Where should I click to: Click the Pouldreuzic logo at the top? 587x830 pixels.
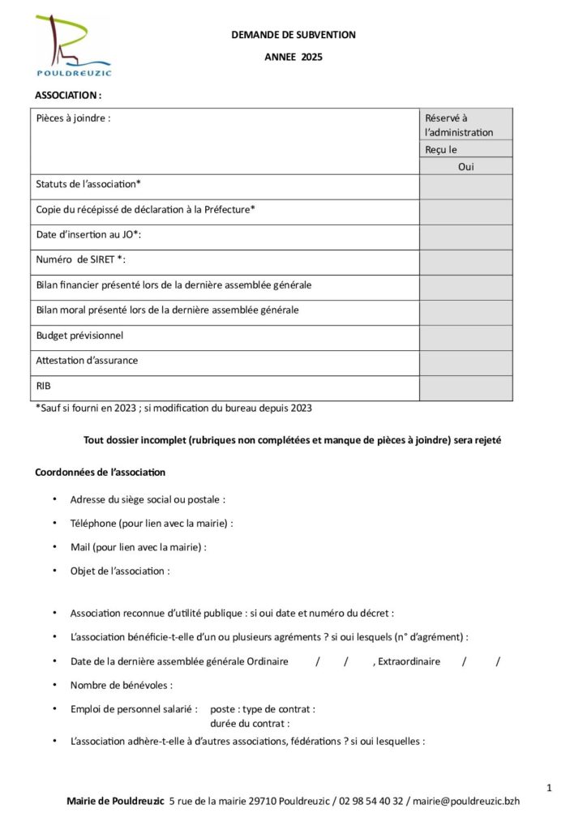pyautogui.click(x=73, y=45)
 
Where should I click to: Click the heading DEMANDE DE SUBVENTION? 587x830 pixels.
pyautogui.click(x=293, y=35)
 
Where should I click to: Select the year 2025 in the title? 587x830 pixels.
pyautogui.click(x=311, y=57)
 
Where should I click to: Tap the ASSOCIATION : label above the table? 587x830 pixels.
pyautogui.click(x=68, y=95)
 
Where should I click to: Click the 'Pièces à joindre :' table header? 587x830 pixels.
pyautogui.click(x=73, y=118)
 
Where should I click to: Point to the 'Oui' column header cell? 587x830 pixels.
pyautogui.click(x=465, y=167)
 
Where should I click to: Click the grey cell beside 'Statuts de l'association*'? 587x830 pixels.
pyautogui.click(x=465, y=186)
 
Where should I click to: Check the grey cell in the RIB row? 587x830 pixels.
pyautogui.click(x=465, y=387)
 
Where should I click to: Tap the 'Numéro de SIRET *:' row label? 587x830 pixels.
pyautogui.click(x=81, y=259)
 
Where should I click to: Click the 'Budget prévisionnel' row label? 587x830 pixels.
pyautogui.click(x=79, y=335)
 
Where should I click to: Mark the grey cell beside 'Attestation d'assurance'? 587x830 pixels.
pyautogui.click(x=465, y=362)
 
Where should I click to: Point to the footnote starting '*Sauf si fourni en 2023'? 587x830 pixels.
pyautogui.click(x=174, y=408)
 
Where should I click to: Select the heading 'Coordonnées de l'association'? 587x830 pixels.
pyautogui.click(x=100, y=472)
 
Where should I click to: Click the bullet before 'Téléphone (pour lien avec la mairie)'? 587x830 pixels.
pyautogui.click(x=54, y=524)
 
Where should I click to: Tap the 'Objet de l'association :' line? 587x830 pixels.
pyautogui.click(x=120, y=571)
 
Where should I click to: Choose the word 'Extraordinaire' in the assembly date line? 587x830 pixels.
pyautogui.click(x=409, y=661)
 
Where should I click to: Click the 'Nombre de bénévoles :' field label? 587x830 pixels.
pyautogui.click(x=121, y=685)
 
